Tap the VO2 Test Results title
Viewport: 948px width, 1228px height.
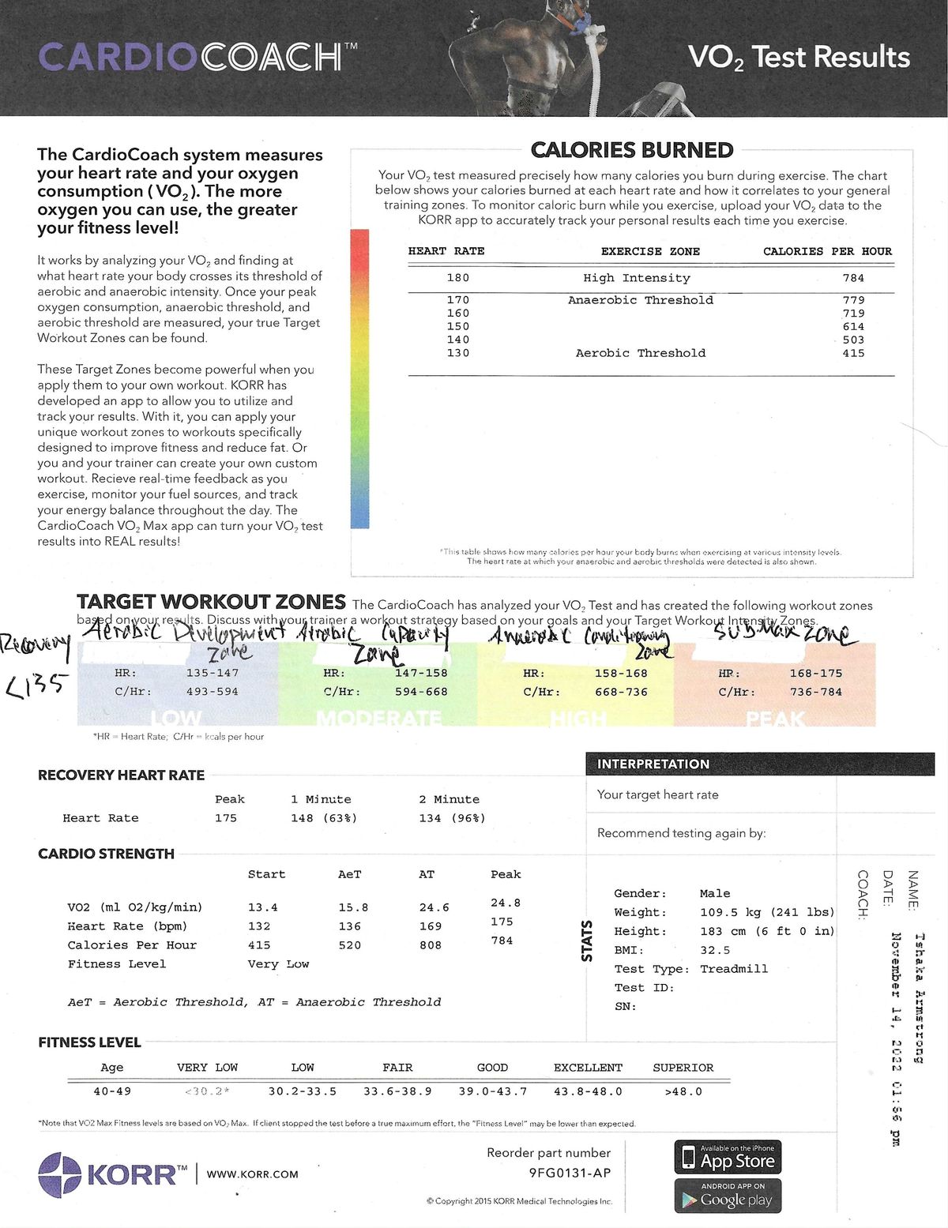(x=798, y=57)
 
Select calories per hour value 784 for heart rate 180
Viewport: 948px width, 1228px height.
(x=853, y=278)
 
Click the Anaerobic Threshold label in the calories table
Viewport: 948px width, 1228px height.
(x=640, y=300)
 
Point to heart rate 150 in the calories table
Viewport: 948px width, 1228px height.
(x=458, y=326)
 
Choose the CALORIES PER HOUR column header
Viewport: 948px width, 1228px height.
(x=827, y=251)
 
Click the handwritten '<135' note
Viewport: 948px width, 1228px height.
(x=36, y=685)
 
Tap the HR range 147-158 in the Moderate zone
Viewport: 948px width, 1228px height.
(x=421, y=673)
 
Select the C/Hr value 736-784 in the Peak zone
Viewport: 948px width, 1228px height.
(x=816, y=692)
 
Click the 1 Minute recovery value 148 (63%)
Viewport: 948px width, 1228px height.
(x=324, y=818)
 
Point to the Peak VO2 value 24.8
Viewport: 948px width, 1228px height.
(x=506, y=903)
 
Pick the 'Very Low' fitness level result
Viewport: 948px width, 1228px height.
(x=278, y=964)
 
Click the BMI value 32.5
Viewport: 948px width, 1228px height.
(x=715, y=950)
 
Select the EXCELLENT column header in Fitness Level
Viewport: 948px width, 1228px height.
(x=588, y=1068)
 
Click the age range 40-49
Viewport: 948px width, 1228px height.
(x=112, y=1091)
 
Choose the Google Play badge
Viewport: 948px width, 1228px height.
(x=728, y=1196)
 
